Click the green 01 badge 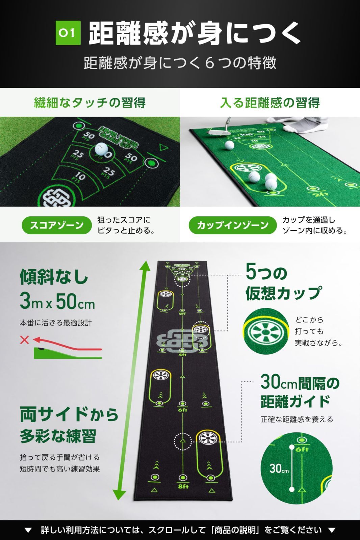tap(68, 33)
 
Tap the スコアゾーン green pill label tap(57, 225)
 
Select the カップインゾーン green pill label tap(232, 225)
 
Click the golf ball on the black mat tap(101, 148)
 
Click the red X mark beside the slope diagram tap(24, 340)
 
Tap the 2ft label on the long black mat tap(182, 314)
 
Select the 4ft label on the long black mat tap(182, 355)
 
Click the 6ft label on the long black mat tap(182, 410)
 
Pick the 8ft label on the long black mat tap(183, 486)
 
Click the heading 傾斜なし tap(54, 277)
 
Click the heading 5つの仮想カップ tap(283, 283)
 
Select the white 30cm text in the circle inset tap(279, 468)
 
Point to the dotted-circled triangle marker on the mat tap(183, 441)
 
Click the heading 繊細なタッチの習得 tap(90, 103)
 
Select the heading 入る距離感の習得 tap(269, 103)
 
